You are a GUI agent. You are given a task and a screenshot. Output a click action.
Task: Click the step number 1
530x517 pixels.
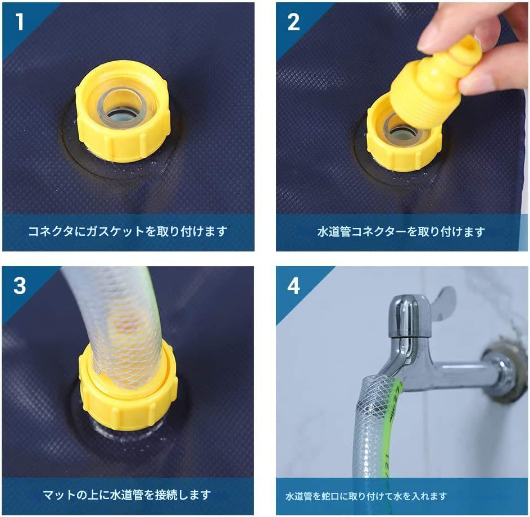coord(20,22)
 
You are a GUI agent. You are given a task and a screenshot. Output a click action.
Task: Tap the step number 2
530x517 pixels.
coord(293,22)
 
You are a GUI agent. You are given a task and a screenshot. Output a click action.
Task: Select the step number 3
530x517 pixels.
coord(20,286)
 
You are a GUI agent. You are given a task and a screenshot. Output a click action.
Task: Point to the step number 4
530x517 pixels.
coord(293,286)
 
